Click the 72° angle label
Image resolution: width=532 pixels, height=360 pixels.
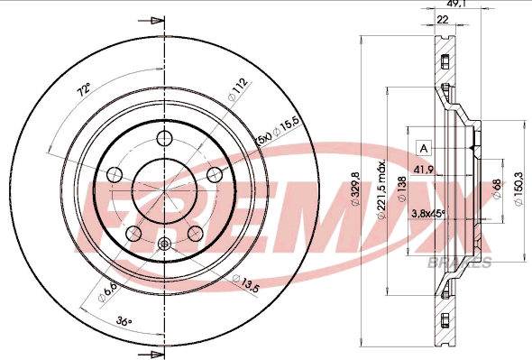84,90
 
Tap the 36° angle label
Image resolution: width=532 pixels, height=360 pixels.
124,320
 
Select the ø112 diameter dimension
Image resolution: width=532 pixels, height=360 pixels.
237,89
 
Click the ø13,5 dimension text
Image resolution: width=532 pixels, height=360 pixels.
245,283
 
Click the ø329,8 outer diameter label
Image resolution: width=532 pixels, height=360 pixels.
355,189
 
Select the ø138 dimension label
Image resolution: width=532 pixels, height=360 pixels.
402,189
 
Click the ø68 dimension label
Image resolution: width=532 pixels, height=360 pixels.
496,189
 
